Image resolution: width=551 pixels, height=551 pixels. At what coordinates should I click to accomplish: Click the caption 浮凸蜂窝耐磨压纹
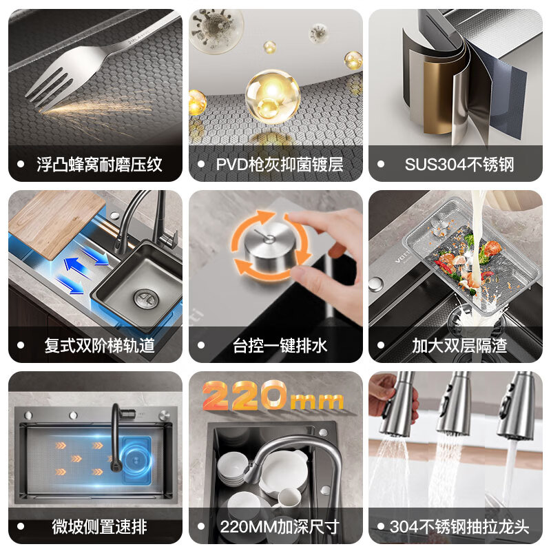point(99,165)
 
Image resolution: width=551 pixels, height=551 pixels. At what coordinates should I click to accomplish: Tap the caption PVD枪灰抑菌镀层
point(280,165)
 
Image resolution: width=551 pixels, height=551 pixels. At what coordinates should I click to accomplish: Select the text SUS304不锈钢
point(459,165)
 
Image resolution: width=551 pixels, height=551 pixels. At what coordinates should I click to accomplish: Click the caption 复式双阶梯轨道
point(99,346)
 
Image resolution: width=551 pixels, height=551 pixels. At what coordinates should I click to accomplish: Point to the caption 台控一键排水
point(280,346)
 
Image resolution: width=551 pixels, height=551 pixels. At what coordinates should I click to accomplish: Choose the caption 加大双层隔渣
point(459,346)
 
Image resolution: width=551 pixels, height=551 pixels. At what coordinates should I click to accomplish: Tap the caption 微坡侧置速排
point(99,528)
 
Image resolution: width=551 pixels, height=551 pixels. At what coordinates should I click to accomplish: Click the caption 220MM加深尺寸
point(280,528)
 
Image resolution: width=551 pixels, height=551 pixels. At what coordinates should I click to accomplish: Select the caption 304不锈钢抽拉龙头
point(459,528)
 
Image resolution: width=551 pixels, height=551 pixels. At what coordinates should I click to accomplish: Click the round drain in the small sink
point(144,298)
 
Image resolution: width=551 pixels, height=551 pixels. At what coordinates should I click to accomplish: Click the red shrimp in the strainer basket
point(492,248)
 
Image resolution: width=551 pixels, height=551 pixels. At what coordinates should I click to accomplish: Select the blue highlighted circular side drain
point(134,459)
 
